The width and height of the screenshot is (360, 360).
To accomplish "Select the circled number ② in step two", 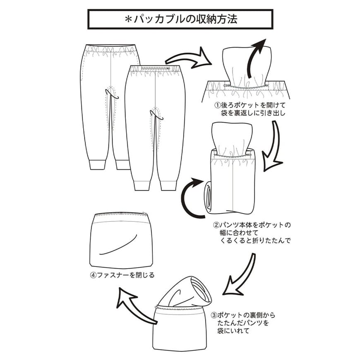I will (216, 226).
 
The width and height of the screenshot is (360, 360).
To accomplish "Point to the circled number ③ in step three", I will (213, 315).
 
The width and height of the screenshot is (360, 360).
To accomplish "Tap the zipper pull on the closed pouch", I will (144, 214).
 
